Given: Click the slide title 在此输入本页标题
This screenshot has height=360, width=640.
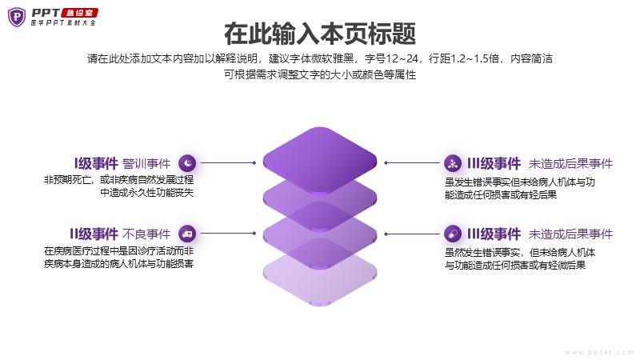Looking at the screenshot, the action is pos(320,34).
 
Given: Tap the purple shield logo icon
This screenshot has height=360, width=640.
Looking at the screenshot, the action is pos(17,17).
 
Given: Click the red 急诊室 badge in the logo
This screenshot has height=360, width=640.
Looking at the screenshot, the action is pos(79,13).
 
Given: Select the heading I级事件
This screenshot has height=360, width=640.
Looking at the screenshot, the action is pos(96,163).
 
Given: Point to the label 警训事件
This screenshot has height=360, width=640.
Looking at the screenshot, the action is pos(146,164).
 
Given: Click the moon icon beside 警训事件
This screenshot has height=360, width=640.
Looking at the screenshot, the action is pos(187,163).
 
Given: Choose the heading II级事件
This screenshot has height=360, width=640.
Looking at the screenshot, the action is pos(94,234).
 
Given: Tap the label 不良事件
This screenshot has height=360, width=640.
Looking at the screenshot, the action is pos(146,234).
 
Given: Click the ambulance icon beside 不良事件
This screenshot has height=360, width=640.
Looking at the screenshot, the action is pos(187,234).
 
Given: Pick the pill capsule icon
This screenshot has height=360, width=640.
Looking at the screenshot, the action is pos(453,234).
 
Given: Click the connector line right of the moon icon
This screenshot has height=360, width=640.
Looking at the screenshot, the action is pos(228,163).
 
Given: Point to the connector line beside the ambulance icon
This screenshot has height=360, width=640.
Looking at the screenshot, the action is pos(228,234).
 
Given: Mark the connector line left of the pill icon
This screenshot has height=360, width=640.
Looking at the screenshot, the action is pos(412,234).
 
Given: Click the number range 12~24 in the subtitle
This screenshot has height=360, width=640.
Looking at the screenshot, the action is pos(402,58).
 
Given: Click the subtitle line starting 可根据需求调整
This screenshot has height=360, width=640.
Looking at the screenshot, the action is pos(320,74).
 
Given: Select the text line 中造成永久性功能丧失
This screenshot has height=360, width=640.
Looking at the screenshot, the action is pos(147,192).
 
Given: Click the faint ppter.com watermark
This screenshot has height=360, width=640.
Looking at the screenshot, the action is pos(598,352).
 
